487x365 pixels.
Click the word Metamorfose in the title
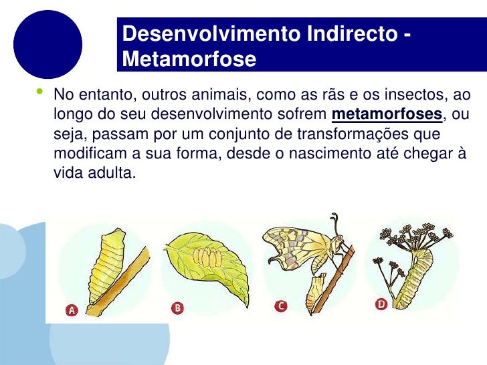[x=189, y=59]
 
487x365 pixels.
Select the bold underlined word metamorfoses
[x=387, y=114]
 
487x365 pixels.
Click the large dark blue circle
[x=47, y=44]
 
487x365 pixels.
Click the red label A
[x=72, y=309]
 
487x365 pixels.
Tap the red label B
[x=177, y=308]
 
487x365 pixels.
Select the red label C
[x=282, y=306]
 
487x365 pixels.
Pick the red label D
[x=381, y=304]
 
